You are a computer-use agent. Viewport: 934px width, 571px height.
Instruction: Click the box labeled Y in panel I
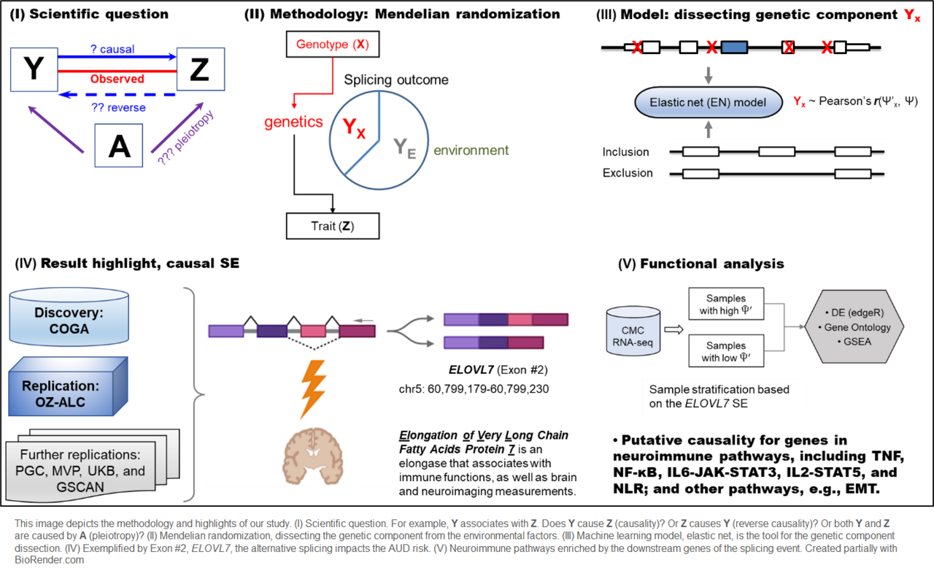tap(32, 69)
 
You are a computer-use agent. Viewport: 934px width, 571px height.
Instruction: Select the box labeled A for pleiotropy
tap(119, 146)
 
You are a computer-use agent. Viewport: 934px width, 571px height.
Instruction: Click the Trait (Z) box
tap(333, 226)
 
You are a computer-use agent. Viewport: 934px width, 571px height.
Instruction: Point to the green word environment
tap(471, 150)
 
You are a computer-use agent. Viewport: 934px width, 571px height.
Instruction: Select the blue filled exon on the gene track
tap(734, 48)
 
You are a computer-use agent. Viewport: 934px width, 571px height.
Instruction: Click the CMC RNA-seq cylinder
tap(631, 326)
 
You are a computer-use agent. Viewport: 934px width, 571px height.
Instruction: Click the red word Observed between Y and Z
tap(117, 79)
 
